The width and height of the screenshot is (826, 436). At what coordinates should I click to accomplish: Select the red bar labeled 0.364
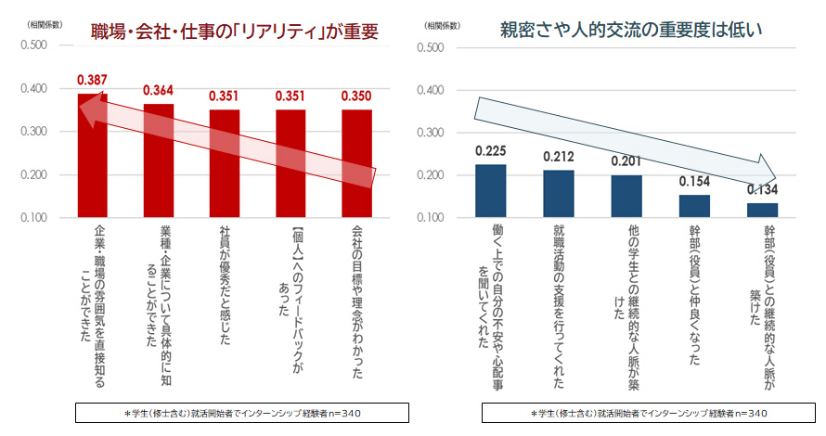pos(158,161)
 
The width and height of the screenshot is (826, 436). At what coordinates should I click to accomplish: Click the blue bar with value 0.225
pos(490,191)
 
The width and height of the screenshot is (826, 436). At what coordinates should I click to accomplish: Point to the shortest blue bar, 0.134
pos(762,211)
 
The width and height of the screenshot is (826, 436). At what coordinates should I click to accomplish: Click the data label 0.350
pos(356,96)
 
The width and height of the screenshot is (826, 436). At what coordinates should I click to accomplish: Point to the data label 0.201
pos(626,161)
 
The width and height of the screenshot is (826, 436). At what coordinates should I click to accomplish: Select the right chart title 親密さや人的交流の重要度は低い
pos(630,31)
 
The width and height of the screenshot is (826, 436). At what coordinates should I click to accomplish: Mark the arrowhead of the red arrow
pos(87,109)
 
